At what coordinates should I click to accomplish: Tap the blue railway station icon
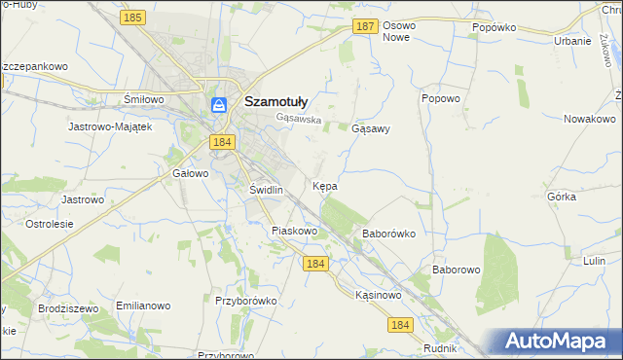(219, 104)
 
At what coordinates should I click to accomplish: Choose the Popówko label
(494, 28)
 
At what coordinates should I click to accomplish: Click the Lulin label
(594, 261)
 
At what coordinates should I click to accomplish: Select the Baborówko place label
(389, 234)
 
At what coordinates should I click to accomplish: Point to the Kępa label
(325, 185)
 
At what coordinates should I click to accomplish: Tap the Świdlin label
(266, 190)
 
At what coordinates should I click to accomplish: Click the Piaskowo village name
(295, 231)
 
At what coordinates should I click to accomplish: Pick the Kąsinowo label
(379, 294)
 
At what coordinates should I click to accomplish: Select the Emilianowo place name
(143, 306)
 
